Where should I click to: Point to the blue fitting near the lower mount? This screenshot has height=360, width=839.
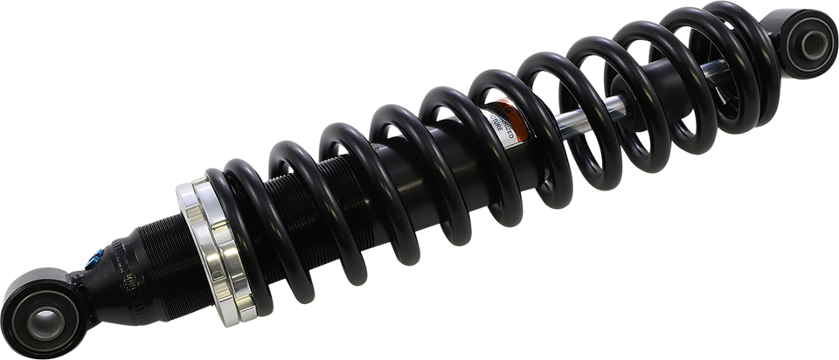[94, 258]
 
